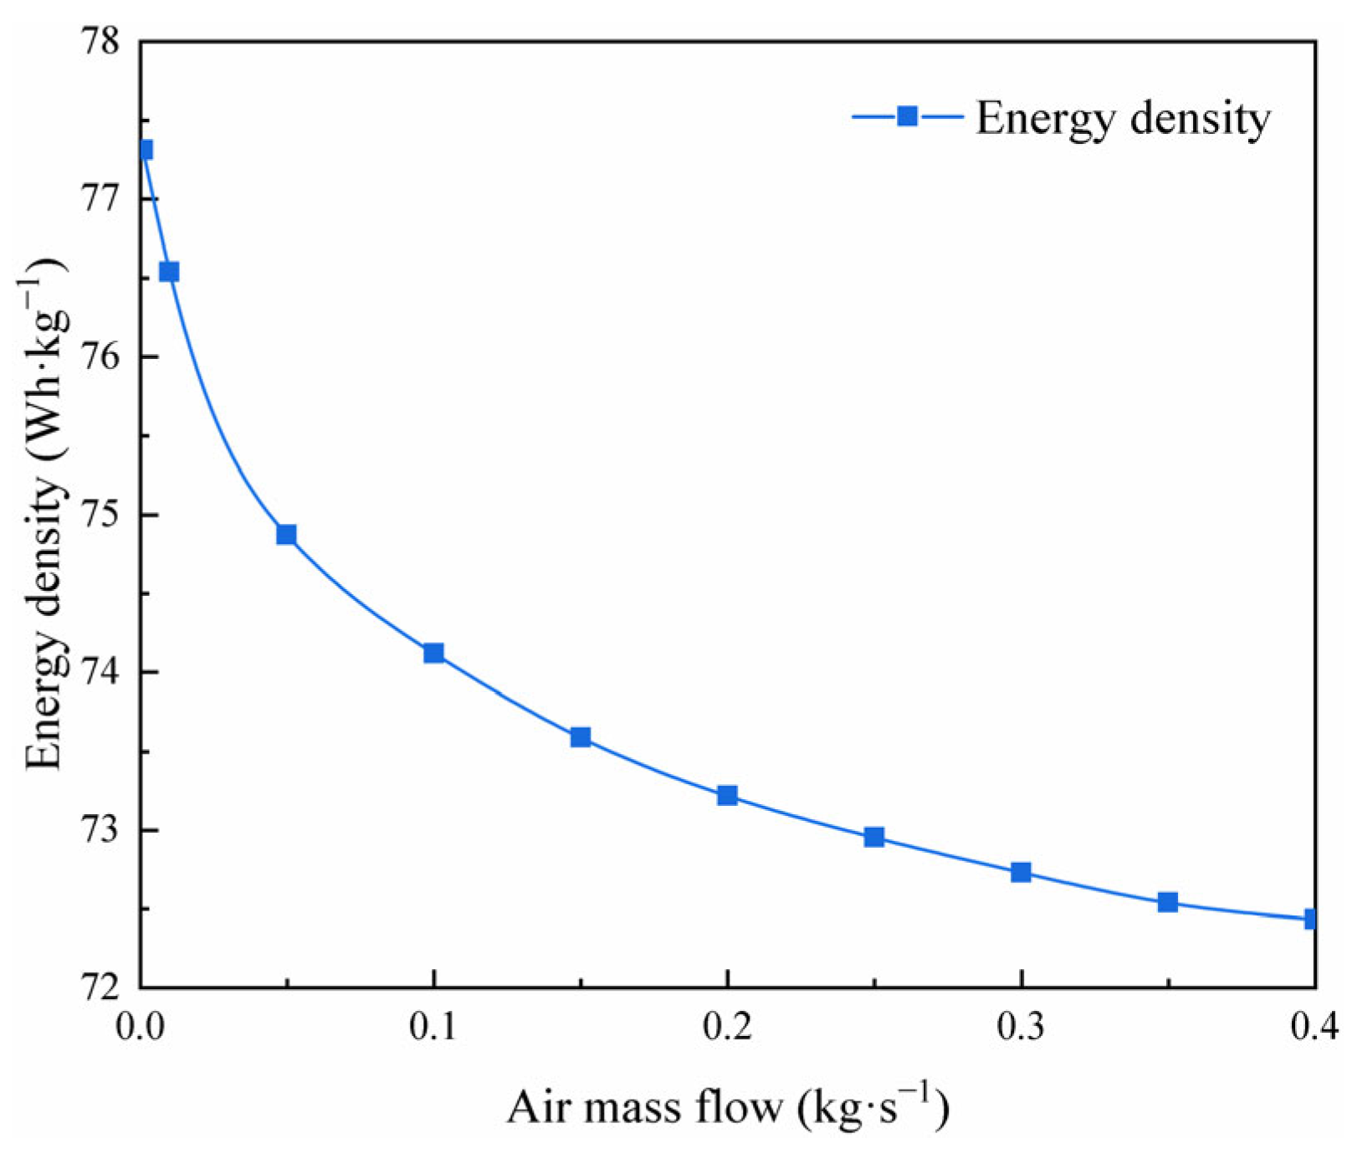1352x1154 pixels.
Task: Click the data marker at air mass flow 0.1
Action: click(x=433, y=653)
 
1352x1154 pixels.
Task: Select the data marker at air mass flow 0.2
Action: click(x=727, y=795)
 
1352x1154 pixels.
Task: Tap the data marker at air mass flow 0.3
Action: click(x=1021, y=873)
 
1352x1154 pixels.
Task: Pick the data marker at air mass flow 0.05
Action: click(x=286, y=535)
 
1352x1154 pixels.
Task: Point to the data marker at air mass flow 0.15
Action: click(x=581, y=737)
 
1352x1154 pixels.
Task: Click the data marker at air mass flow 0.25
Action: click(x=874, y=837)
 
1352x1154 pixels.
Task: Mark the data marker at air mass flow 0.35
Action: click(x=1168, y=902)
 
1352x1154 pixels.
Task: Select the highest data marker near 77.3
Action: click(x=145, y=150)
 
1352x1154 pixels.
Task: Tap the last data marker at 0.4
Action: click(x=1311, y=919)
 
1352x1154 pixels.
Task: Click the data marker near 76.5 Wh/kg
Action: click(x=169, y=272)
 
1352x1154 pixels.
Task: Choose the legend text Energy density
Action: click(x=1123, y=118)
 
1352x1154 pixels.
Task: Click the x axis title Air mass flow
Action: click(x=727, y=1107)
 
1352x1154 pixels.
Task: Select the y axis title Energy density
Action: click(x=46, y=514)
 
